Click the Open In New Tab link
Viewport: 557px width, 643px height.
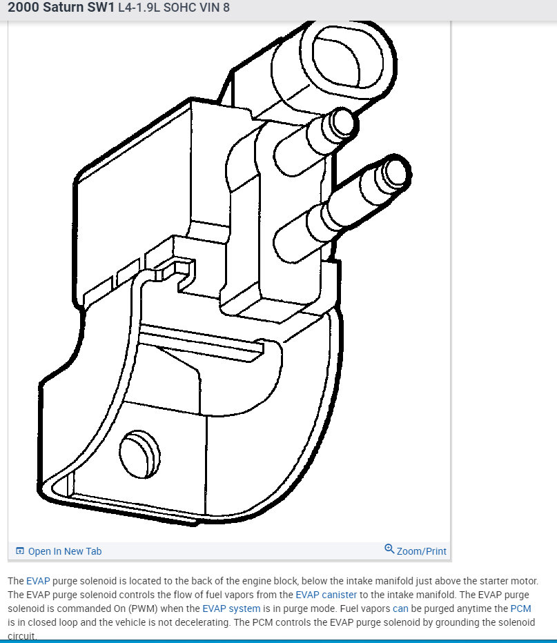click(64, 551)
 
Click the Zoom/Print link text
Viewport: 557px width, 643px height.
click(421, 551)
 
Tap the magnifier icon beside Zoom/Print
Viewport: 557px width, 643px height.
click(389, 549)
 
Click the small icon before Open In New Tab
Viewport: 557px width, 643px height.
click(20, 551)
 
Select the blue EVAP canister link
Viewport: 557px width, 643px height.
click(326, 595)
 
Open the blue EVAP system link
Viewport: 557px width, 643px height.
click(231, 609)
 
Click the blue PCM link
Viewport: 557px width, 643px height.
click(520, 609)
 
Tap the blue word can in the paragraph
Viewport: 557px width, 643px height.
click(400, 609)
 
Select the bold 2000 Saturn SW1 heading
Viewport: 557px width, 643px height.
click(61, 8)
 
